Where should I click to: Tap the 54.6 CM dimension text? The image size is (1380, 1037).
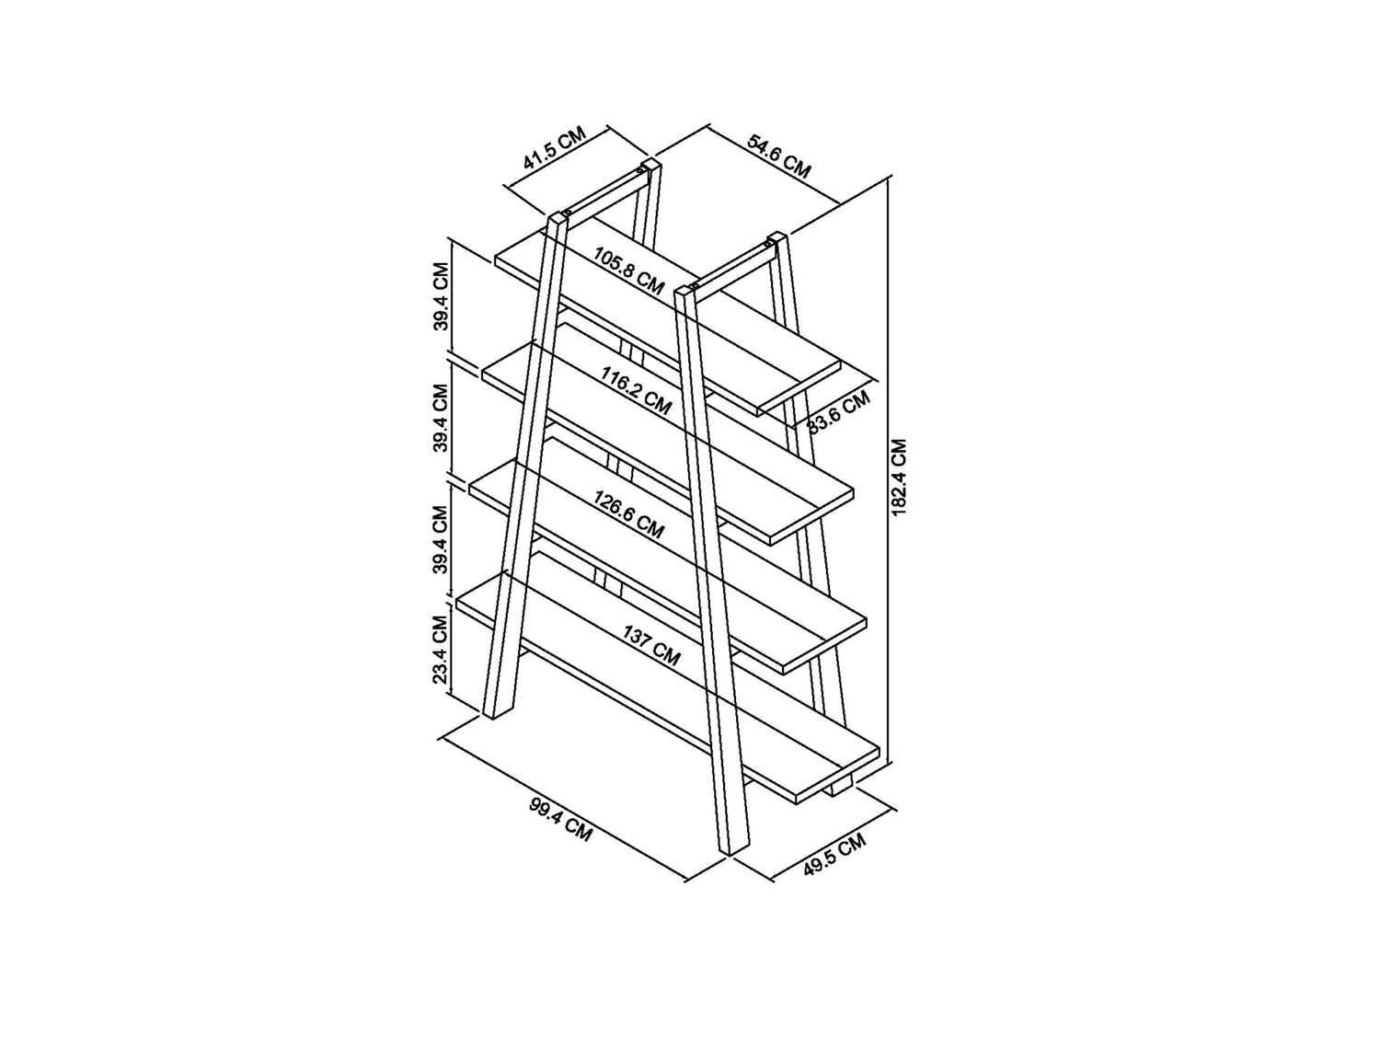tap(778, 156)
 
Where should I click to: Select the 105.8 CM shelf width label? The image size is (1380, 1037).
tap(628, 271)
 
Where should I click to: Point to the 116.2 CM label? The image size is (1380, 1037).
tap(636, 390)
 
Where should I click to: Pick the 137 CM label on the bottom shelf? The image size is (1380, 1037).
tap(652, 645)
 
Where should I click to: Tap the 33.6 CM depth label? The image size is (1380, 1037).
tap(839, 412)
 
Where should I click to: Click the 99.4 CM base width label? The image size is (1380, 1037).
tap(560, 820)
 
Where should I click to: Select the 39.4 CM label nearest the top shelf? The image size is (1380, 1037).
tap(441, 295)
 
